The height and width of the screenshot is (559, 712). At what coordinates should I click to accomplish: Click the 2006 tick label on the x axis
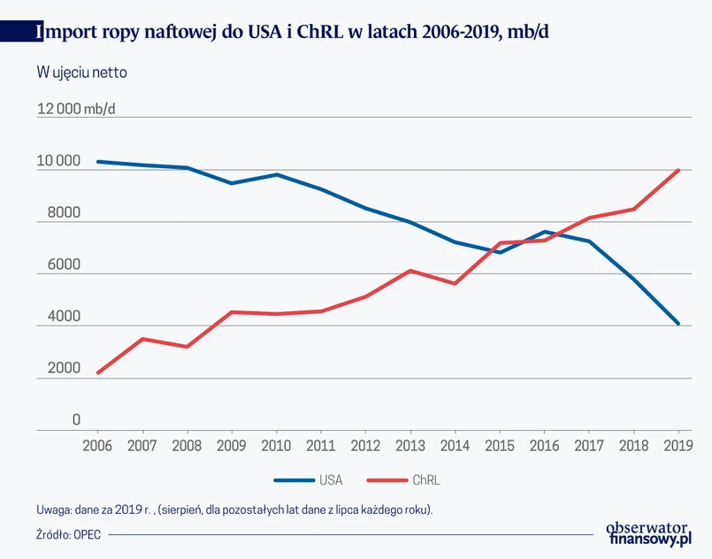(x=97, y=446)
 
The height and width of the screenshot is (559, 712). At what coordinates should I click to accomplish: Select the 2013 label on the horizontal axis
(x=410, y=446)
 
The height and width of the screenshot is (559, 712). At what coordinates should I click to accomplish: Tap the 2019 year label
(x=678, y=446)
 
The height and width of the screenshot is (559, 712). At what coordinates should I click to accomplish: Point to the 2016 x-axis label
(x=544, y=446)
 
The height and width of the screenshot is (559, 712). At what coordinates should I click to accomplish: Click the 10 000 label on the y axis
(x=58, y=162)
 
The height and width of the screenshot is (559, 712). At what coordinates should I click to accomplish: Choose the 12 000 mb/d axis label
(x=75, y=110)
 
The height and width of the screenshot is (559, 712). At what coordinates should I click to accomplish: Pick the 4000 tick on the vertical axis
(x=58, y=317)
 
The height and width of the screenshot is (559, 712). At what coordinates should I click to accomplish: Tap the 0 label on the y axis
(x=76, y=420)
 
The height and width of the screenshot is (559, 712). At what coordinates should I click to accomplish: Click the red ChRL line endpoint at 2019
(x=678, y=170)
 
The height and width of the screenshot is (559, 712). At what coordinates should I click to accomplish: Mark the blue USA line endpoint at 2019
(x=678, y=324)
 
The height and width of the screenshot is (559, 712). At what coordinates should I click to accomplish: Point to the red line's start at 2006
(x=97, y=372)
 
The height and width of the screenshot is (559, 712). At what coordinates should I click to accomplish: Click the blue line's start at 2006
(x=97, y=162)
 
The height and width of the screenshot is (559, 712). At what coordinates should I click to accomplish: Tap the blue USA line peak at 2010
(x=276, y=174)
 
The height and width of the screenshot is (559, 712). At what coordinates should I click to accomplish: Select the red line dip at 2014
(x=455, y=283)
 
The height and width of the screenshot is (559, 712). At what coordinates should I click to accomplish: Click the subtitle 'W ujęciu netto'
(x=82, y=73)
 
